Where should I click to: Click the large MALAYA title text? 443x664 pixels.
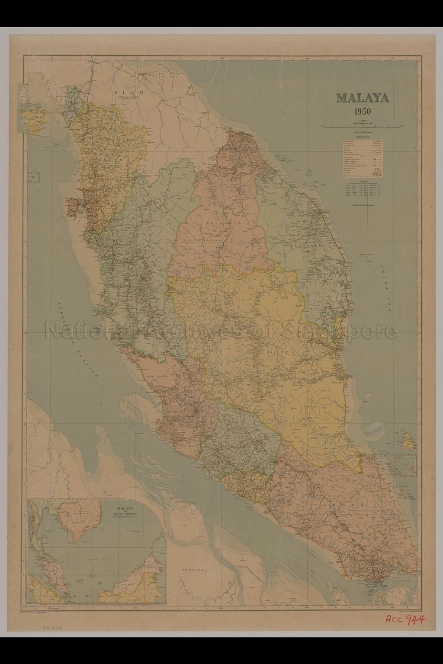pyautogui.click(x=363, y=98)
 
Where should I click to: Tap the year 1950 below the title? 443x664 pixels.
pyautogui.click(x=363, y=111)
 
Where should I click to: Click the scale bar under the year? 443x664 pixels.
pyautogui.click(x=363, y=126)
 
